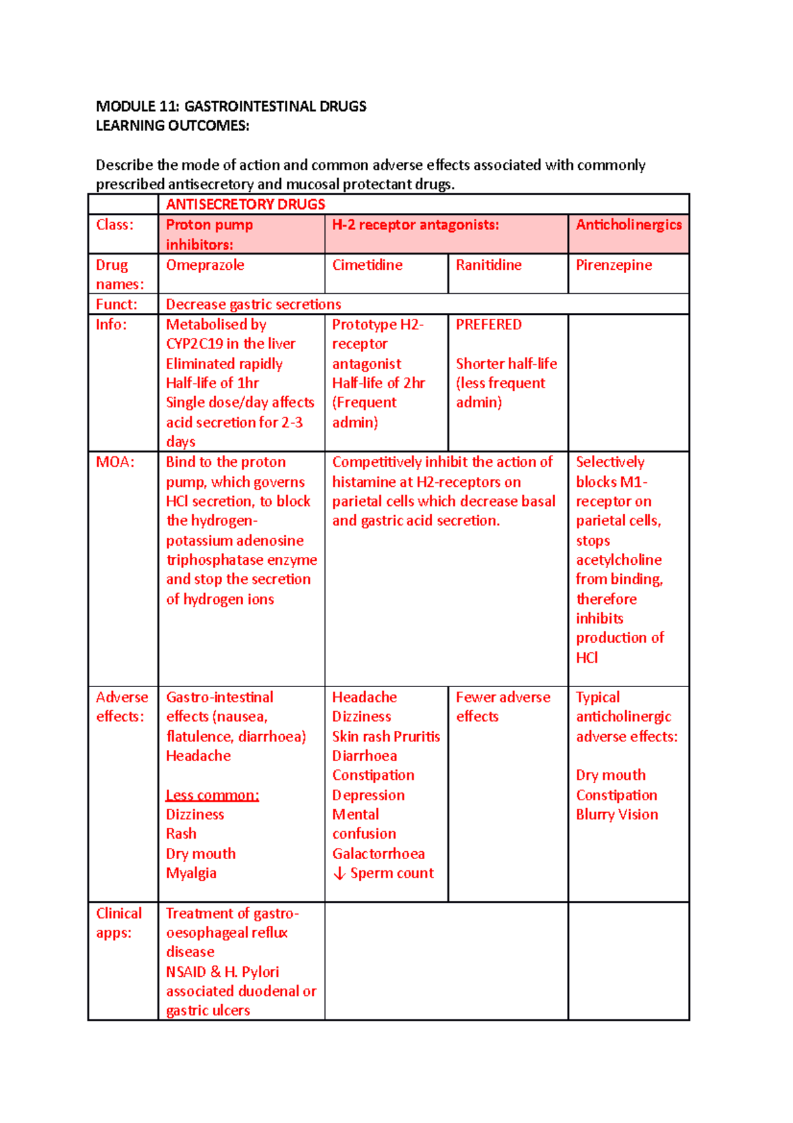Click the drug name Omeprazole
pos(205,265)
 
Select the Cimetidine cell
pos(367,265)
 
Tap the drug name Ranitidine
pos(488,265)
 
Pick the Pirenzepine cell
pos(613,265)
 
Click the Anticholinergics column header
pos(628,225)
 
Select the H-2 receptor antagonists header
pos(415,225)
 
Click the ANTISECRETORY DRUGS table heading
pos(245,204)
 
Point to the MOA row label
pos(115,462)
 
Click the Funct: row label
pos(116,304)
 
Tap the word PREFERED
pos(488,325)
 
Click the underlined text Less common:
pos(212,795)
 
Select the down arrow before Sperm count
pos(340,874)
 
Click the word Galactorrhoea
pos(378,854)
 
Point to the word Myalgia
pos(191,873)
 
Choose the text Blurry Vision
pos(617,815)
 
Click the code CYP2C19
pos(194,344)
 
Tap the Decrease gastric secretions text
pos(253,304)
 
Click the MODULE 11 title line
pos(231,106)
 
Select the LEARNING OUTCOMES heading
pos(172,126)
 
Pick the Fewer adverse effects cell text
pos(502,706)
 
